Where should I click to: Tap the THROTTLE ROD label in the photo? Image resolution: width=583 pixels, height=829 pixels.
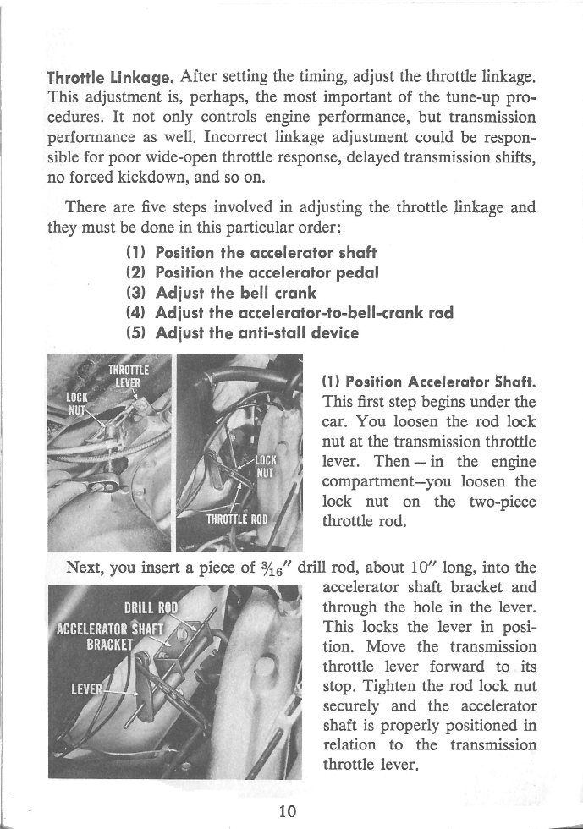pos(236,519)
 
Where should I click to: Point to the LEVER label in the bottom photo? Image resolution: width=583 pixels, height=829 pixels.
pos(90,687)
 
